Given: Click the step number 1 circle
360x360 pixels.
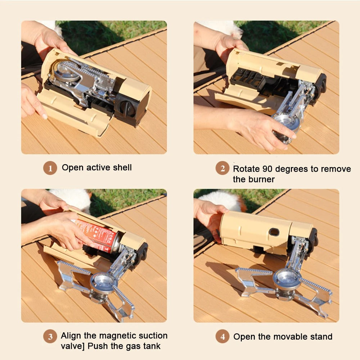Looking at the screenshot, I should pos(50,168).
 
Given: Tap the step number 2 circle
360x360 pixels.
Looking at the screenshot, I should pos(222,168).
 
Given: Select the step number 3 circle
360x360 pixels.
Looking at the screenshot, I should pos(50,337).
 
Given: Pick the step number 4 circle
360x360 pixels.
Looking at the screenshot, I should pos(222,337).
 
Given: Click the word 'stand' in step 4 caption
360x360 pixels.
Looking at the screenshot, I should pos(320,337).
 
